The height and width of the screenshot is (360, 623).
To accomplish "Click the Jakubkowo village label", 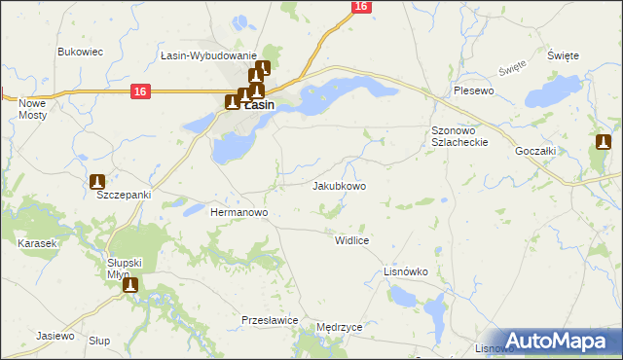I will [340, 185].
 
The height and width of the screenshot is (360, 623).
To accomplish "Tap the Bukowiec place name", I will [81, 52].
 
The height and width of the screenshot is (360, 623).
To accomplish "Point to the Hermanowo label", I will [239, 211].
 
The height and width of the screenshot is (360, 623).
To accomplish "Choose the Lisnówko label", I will [407, 271].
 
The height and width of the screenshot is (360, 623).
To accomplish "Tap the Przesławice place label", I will [270, 319].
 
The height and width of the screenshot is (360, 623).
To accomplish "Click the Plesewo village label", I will [475, 90].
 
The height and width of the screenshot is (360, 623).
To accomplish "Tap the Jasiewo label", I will [55, 336].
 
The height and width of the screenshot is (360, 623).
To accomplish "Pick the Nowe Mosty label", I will [32, 108].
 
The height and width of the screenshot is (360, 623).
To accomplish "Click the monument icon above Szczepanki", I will [97, 181].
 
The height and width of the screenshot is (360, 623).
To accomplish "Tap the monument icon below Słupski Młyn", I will [130, 285].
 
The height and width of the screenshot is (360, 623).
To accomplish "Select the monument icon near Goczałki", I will [604, 143].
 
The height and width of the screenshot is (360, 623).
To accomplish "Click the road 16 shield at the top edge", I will [361, 7].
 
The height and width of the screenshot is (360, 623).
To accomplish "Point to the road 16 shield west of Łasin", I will [140, 91].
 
